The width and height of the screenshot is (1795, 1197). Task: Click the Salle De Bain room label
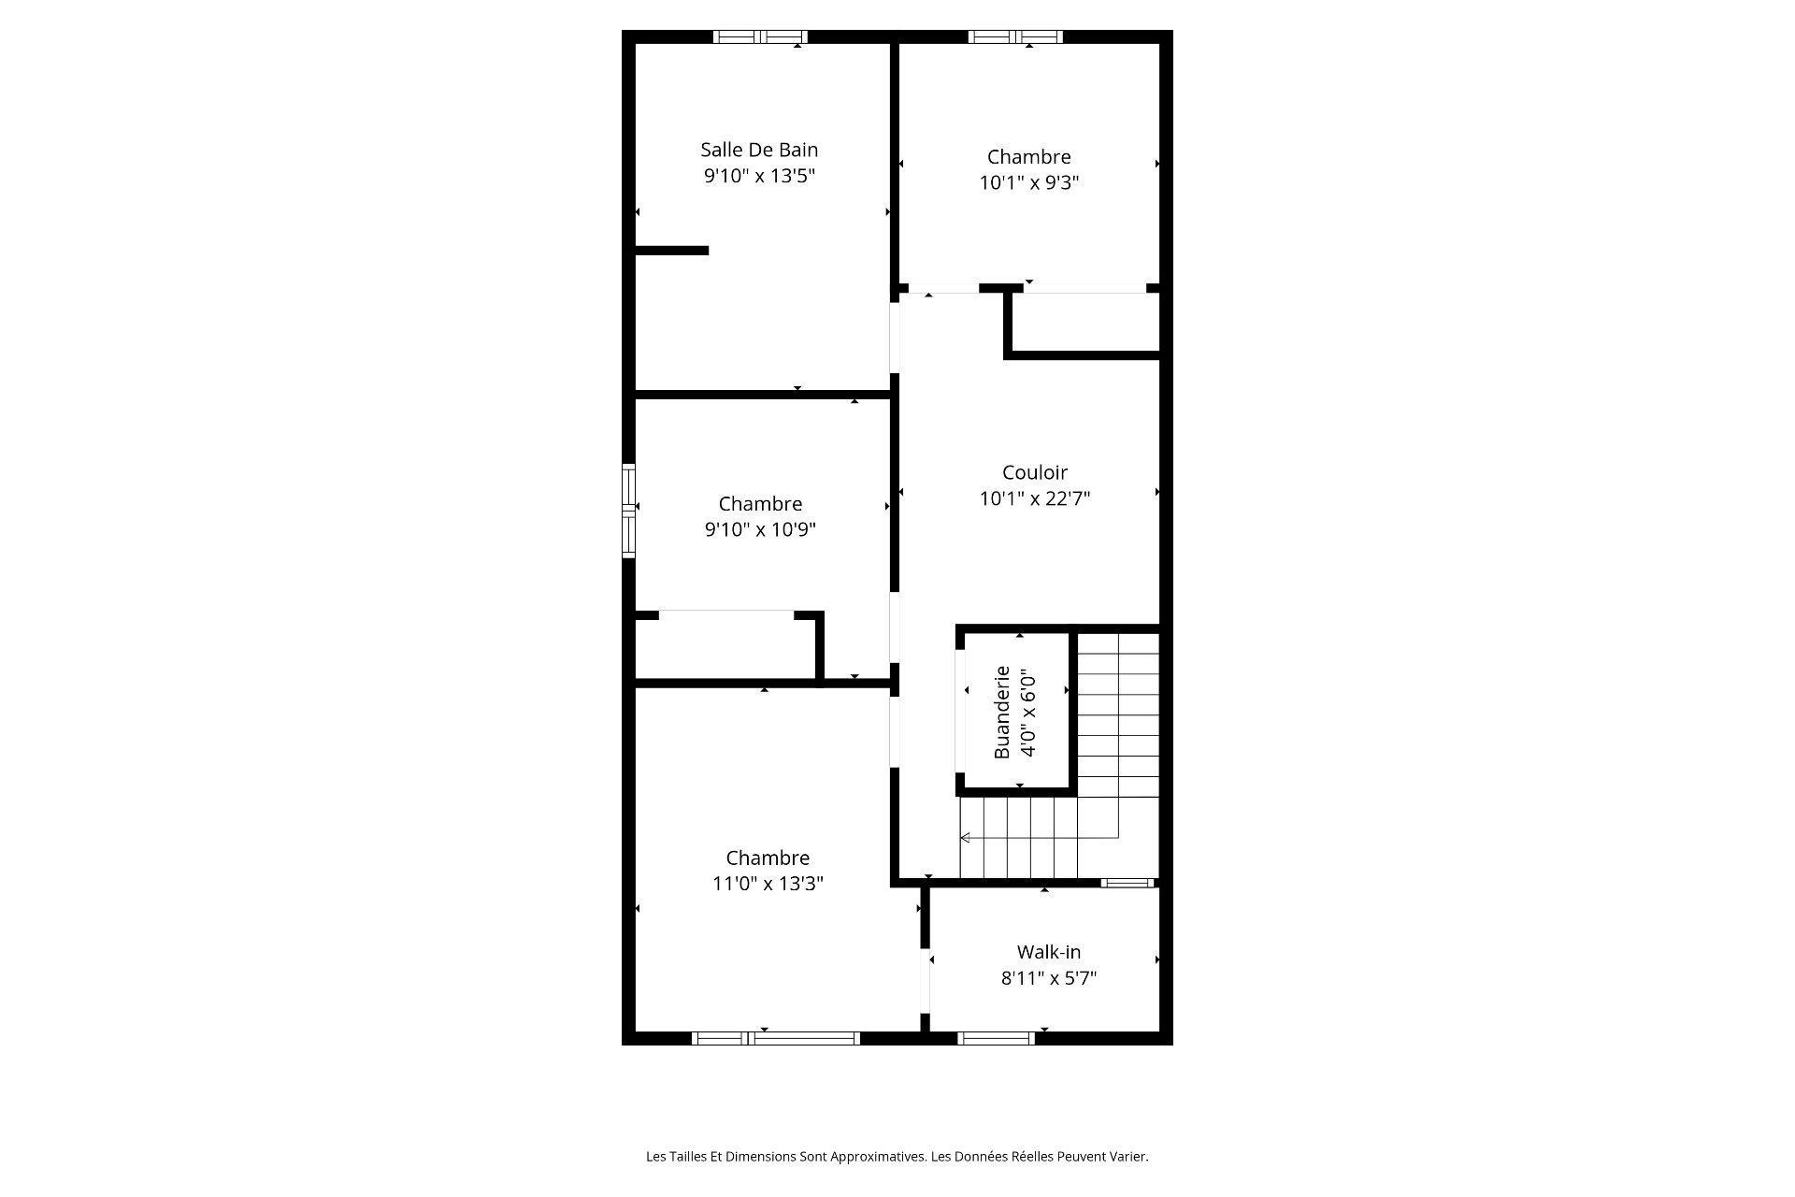point(759,150)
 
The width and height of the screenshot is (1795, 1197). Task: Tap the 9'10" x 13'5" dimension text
point(759,176)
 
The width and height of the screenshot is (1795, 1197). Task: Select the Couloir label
point(1034,473)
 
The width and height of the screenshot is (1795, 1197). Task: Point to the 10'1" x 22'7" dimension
point(1034,498)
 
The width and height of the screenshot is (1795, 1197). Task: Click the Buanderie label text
point(1002,712)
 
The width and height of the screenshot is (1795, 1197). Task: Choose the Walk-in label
point(1048,952)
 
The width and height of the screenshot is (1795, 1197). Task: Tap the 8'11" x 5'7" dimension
point(1048,978)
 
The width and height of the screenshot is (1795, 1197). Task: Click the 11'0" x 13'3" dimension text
point(768,884)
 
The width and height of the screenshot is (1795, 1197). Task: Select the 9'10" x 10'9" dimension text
point(760,530)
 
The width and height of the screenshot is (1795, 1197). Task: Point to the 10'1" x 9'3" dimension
point(1028,183)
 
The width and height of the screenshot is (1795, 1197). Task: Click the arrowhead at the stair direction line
point(965,838)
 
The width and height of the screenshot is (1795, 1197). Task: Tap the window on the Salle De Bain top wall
point(760,37)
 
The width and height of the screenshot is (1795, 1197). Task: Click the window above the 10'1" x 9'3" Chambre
point(1015,37)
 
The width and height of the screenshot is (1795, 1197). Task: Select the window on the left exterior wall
point(629,511)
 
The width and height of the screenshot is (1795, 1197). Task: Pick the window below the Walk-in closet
point(996,1038)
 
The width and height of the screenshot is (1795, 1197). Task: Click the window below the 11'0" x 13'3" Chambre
point(775,1038)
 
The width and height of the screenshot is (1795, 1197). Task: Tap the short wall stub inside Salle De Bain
point(671,251)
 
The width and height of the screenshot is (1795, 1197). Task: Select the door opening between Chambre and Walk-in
point(925,982)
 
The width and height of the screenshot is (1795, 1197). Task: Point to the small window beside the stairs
point(1127,883)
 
